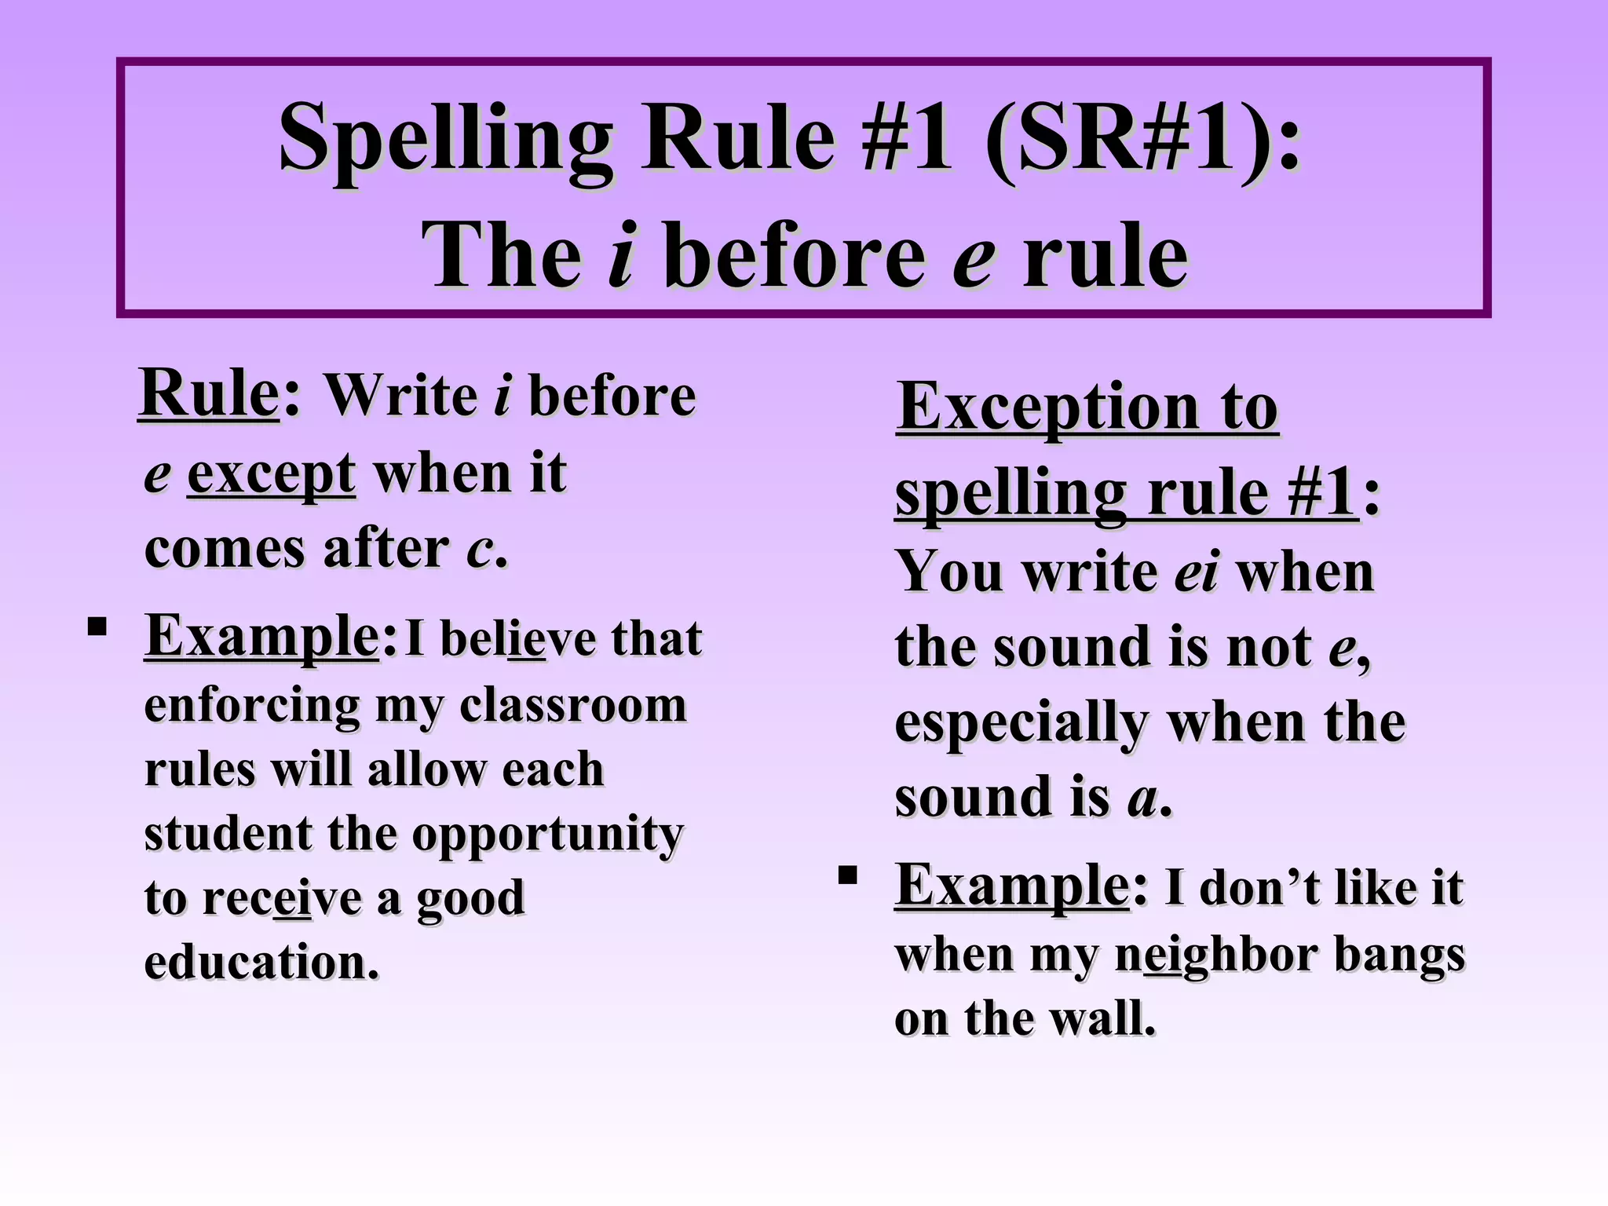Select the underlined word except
[x=271, y=475]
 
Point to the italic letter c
[x=480, y=549]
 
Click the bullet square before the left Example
[x=97, y=627]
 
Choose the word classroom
[x=572, y=705]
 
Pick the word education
[x=261, y=963]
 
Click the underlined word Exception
[x=1047, y=407]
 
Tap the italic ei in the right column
[x=1196, y=572]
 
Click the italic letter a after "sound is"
[x=1143, y=799]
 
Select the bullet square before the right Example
[x=847, y=875]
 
